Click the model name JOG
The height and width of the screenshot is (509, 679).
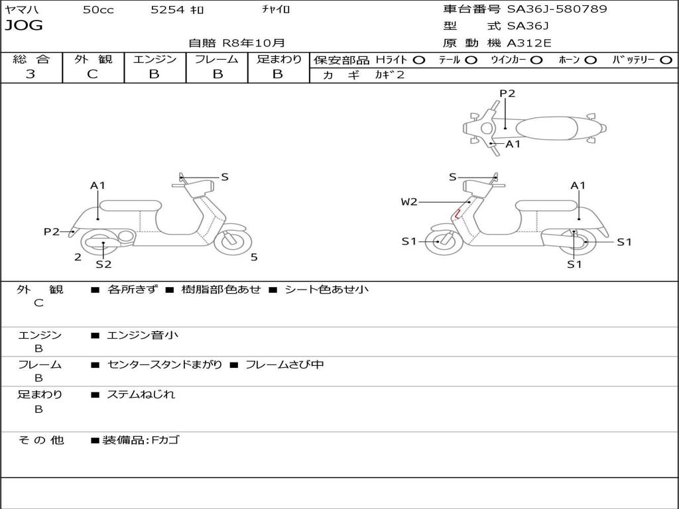point(24,26)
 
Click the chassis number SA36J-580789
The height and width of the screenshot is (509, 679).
point(557,9)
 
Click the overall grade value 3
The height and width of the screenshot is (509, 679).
point(31,74)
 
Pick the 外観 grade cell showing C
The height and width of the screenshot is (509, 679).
point(93,74)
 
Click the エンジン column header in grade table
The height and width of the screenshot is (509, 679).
point(154,59)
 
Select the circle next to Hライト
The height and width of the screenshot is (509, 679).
point(418,60)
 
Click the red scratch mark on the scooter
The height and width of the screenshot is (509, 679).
point(457,213)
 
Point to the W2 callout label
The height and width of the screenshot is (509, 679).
point(409,202)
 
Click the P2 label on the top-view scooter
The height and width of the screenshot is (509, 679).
point(507,93)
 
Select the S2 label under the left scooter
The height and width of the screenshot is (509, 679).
point(103,264)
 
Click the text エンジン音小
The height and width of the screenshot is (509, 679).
point(143,335)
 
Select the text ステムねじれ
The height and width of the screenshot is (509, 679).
point(141,394)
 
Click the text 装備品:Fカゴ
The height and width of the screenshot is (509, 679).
point(141,440)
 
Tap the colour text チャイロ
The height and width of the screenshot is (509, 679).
point(276,10)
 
